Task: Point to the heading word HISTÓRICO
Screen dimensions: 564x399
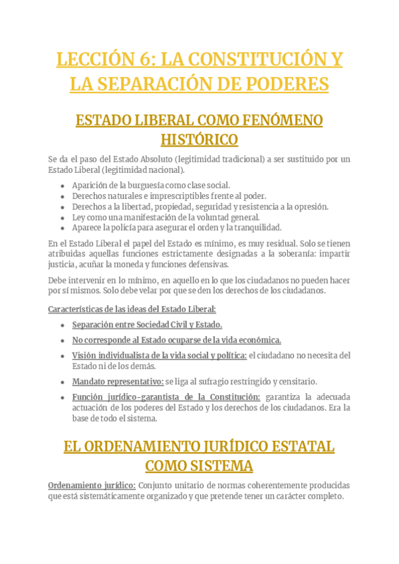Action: tap(199, 140)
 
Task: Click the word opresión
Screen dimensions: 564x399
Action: tap(309, 206)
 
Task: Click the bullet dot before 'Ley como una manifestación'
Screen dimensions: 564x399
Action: tap(63, 217)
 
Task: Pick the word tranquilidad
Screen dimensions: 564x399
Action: tap(254, 227)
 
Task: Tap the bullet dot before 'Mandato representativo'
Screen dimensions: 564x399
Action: tap(63, 382)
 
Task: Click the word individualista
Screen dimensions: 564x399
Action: tap(128, 356)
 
